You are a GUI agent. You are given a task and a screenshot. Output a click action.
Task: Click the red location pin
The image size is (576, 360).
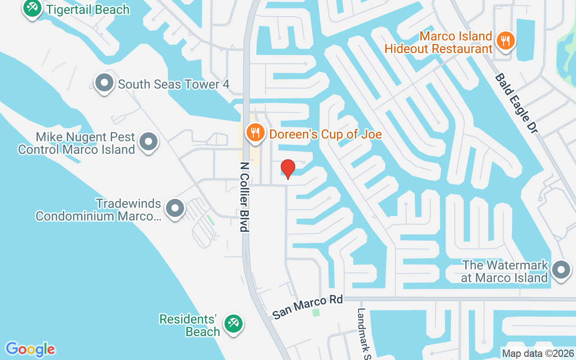coord(288,169)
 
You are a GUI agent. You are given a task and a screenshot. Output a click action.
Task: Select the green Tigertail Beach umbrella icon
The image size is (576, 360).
coord(32,8)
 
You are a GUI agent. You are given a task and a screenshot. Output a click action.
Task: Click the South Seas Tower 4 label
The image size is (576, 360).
coord(174,84)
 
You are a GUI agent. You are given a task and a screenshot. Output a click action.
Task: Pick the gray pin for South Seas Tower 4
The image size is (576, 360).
coord(104,83)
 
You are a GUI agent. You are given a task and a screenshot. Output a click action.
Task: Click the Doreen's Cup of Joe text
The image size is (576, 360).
coord(325,134)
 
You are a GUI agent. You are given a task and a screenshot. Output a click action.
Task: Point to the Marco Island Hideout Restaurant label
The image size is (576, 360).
coord(438,42)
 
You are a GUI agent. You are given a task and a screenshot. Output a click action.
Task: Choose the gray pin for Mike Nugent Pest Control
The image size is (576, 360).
coord(148,142)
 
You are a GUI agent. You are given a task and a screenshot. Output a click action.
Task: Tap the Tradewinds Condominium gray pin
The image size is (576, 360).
coord(175,208)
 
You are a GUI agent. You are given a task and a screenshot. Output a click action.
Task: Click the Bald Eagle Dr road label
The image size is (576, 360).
coord(516,103)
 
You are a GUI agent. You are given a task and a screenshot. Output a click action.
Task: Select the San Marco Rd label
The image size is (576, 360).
coord(308,307)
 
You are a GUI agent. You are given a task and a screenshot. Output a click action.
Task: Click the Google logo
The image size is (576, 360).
coord(30,349)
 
